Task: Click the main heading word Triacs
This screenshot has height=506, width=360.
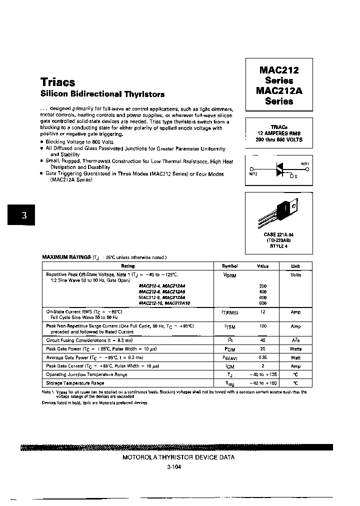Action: pyautogui.click(x=57, y=82)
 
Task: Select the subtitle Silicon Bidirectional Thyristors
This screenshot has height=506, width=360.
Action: pyautogui.click(x=102, y=94)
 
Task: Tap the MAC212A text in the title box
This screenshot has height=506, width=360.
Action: pyautogui.click(x=279, y=91)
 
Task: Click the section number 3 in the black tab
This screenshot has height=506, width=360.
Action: pyautogui.click(x=23, y=216)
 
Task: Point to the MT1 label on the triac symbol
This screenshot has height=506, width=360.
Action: pyautogui.click(x=304, y=164)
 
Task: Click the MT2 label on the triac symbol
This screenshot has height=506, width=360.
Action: pyautogui.click(x=253, y=173)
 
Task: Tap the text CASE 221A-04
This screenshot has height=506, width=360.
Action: pyautogui.click(x=279, y=234)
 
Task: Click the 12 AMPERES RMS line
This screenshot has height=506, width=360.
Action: pyautogui.click(x=279, y=133)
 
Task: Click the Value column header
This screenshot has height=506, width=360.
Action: pyautogui.click(x=263, y=266)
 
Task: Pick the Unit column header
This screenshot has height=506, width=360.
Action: pyautogui.click(x=296, y=266)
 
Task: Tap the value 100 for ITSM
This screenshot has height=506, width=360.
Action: pyautogui.click(x=263, y=326)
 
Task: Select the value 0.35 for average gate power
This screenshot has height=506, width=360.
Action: pyautogui.click(x=263, y=357)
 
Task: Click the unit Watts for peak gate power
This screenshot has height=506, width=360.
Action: pyautogui.click(x=296, y=349)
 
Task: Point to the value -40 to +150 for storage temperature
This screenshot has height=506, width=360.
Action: pyautogui.click(x=263, y=382)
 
